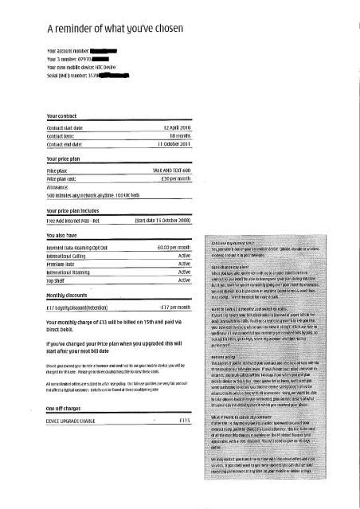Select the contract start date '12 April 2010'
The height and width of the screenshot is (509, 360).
(x=176, y=126)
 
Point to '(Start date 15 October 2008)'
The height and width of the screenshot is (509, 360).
(x=162, y=220)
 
